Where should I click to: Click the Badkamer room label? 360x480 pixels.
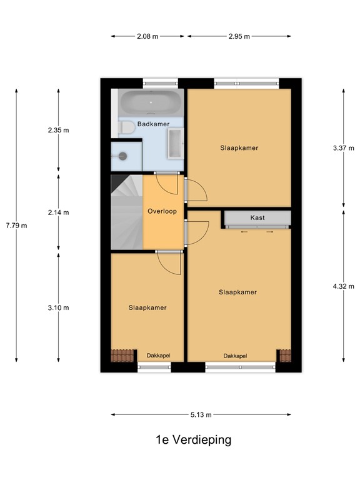click(x=153, y=124)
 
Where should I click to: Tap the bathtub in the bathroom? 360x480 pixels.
click(x=150, y=102)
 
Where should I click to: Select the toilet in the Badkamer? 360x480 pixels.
click(x=127, y=127)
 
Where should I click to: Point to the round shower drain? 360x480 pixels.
click(x=123, y=156)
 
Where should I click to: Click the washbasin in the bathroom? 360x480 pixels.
click(x=175, y=144)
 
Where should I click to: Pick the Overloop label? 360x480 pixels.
click(x=162, y=211)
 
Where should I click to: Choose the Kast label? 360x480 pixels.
click(x=257, y=218)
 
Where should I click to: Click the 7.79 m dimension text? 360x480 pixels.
click(x=16, y=226)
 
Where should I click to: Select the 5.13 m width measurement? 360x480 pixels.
click(x=201, y=415)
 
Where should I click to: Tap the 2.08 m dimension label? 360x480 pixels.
click(x=147, y=36)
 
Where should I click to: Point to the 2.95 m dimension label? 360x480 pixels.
click(x=239, y=36)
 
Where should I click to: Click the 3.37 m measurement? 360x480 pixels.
click(x=344, y=148)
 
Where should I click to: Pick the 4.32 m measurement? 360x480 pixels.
click(x=344, y=287)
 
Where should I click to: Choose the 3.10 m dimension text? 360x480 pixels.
click(x=58, y=307)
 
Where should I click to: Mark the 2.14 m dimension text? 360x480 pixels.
click(x=58, y=212)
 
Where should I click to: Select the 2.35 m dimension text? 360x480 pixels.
click(x=58, y=131)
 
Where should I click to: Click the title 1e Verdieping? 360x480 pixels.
click(x=193, y=440)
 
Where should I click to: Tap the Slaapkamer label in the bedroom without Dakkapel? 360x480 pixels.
click(x=239, y=148)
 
